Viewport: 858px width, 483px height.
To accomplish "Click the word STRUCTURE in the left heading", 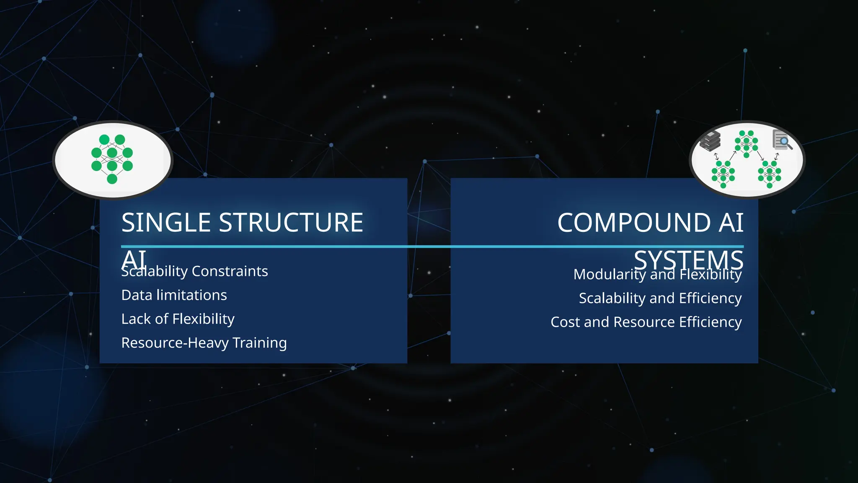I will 291,222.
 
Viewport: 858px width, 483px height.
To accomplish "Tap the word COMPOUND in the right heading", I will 634,222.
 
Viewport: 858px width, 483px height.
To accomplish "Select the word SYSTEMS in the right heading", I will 688,260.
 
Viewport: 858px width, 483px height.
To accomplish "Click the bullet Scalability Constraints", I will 194,271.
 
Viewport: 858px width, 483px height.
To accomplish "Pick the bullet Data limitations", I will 174,295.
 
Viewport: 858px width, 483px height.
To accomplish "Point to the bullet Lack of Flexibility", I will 178,319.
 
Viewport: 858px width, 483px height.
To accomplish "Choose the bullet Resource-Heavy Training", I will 204,343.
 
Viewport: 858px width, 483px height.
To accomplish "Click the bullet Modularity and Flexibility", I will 657,274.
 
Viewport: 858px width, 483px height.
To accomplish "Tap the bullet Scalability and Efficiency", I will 660,298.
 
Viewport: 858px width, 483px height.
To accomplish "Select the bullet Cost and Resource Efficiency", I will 646,322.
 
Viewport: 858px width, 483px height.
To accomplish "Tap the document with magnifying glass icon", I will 782,140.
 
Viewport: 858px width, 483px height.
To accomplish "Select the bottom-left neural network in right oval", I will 723,174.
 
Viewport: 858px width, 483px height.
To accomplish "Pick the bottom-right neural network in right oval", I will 769,174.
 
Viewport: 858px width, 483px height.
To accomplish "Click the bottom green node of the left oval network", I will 112,179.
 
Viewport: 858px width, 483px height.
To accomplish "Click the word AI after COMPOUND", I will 731,222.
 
